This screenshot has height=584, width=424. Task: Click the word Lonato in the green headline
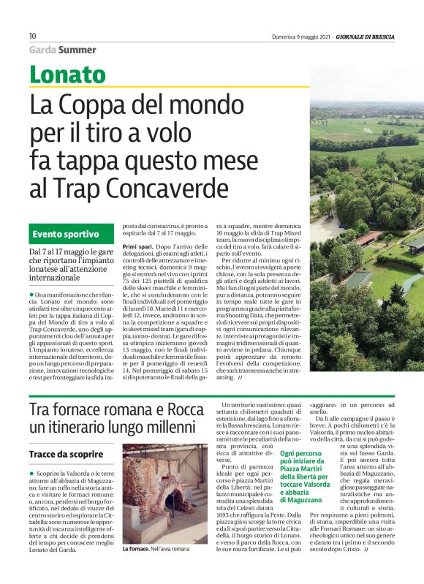point(67,75)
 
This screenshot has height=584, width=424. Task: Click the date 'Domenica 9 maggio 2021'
point(299,36)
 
